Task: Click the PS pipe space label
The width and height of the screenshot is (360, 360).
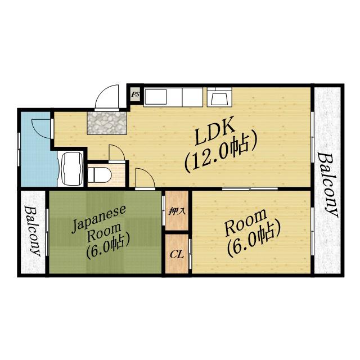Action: pos(135,94)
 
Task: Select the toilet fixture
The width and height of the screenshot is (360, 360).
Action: pos(99,175)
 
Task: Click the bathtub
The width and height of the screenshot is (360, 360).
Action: pos(71,168)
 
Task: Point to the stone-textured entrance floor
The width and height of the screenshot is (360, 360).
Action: pos(107,123)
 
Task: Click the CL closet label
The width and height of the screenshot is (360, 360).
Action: pos(177,254)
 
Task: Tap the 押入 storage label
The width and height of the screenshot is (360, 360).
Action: pos(177,211)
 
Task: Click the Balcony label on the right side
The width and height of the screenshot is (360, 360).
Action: pos(328,185)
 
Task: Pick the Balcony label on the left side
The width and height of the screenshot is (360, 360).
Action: pos(33,231)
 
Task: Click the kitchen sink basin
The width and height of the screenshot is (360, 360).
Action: pos(156,97)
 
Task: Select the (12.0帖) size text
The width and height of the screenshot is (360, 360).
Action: pos(220,152)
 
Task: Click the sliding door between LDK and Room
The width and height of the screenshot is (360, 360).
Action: pos(250,189)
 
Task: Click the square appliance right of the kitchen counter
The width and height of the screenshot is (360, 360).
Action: pos(220,97)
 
